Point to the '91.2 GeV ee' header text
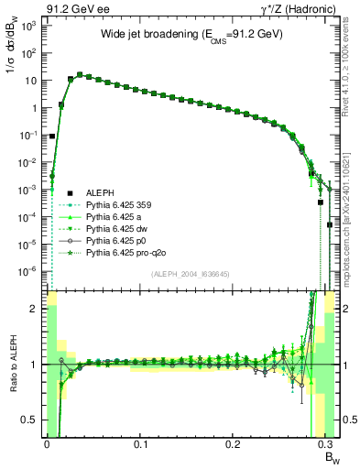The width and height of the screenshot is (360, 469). [73, 8]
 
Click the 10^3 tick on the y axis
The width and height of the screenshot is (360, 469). [28, 26]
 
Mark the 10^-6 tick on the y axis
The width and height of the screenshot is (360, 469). [27, 271]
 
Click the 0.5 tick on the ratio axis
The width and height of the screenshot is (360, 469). [30, 420]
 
